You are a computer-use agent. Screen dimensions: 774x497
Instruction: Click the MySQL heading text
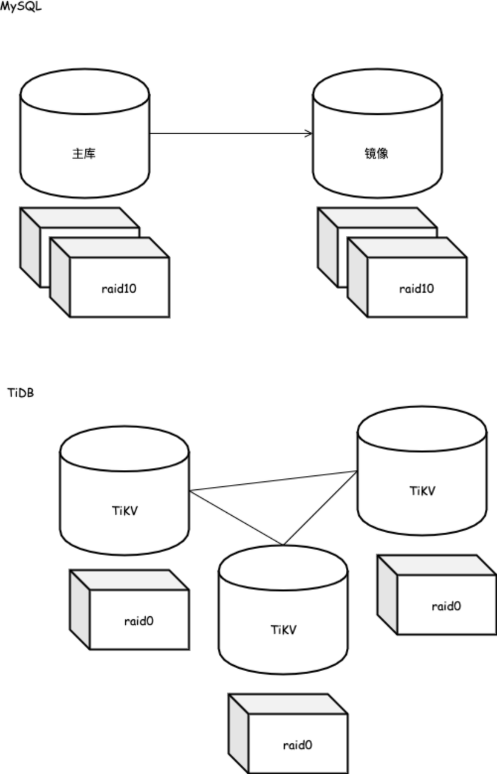pos(21,7)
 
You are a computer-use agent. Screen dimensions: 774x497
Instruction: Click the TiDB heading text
pos(21,393)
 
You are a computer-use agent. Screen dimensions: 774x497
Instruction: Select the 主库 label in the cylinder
pos(84,154)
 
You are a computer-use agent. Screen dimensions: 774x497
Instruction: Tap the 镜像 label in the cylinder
pos(377,154)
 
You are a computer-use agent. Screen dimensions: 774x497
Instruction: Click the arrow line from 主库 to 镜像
pos(230,133)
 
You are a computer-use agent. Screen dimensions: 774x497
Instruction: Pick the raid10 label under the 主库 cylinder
pos(119,288)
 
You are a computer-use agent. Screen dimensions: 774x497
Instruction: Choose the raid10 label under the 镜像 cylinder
pos(416,288)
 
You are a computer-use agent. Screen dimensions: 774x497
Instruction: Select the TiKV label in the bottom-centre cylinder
pos(283,629)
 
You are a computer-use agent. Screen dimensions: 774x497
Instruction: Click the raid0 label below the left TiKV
pos(138,621)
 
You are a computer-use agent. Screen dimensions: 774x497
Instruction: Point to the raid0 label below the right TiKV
pos(446,606)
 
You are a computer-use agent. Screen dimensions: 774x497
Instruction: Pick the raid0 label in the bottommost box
pos(297,745)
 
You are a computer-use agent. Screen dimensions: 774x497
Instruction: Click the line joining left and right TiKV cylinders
pos(272,481)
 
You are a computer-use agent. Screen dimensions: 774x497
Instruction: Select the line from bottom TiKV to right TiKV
pos(319,507)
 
